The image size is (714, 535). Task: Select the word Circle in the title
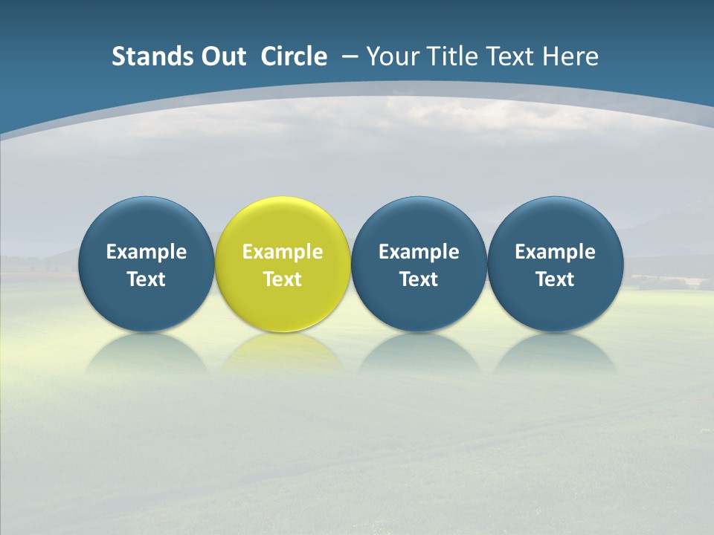point(294,56)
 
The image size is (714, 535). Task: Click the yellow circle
point(283,223)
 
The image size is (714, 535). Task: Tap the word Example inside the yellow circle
point(283,252)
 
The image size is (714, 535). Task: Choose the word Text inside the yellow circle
point(283,279)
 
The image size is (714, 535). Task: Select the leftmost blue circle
point(146,223)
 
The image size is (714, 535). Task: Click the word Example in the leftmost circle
point(146,252)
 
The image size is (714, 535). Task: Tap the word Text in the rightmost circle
point(555,279)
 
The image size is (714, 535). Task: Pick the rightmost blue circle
point(555,223)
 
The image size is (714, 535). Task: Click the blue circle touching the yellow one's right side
point(419,223)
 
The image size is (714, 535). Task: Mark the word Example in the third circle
point(419,252)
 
